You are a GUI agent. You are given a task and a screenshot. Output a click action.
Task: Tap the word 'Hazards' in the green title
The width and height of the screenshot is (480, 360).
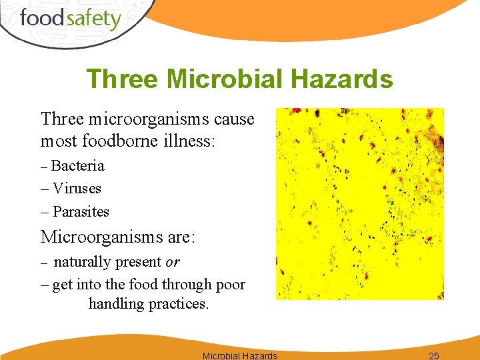point(349,79)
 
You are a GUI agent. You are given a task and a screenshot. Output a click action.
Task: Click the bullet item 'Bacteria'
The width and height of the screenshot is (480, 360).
point(77,165)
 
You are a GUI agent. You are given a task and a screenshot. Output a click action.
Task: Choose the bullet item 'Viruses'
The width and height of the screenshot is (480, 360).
point(77,189)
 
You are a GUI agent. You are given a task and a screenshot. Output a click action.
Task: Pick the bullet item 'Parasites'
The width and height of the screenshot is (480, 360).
point(81,212)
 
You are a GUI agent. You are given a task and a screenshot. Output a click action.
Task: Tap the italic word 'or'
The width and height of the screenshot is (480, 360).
point(173,262)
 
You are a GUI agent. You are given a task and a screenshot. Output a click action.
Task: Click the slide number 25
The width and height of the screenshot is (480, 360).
point(434,355)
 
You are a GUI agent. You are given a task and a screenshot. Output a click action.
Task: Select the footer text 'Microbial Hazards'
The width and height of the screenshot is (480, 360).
point(239,355)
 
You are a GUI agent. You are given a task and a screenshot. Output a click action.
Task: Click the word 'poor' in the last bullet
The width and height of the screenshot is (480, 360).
point(229,285)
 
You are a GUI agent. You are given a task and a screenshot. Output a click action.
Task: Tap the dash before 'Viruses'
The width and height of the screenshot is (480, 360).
point(45,189)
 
